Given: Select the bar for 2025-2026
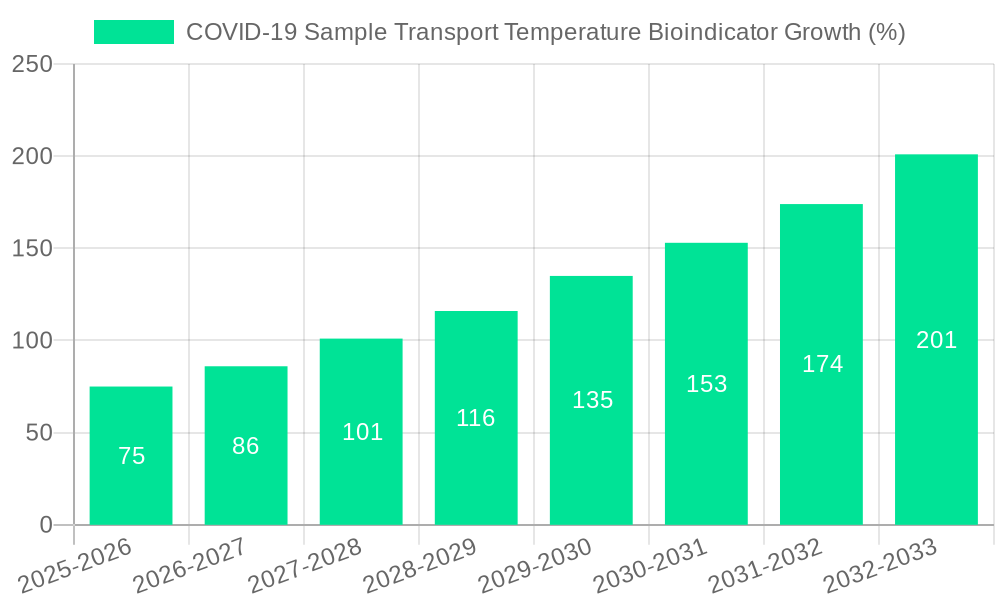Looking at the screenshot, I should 131,456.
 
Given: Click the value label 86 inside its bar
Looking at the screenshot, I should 246,446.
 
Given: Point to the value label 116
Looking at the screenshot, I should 476,418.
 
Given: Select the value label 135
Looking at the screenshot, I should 592,400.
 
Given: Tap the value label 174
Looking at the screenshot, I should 822,364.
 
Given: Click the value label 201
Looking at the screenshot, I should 936,340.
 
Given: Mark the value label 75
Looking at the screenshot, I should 131,456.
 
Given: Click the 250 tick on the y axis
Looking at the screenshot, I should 32,64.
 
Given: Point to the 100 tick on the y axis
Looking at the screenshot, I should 32,341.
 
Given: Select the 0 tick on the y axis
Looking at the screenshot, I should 46,525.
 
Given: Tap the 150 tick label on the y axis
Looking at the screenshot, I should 32,249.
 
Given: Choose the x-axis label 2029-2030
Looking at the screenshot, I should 535,565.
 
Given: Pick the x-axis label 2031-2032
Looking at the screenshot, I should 765,565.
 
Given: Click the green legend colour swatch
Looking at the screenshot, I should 134,32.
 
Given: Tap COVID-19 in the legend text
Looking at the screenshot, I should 241,32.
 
